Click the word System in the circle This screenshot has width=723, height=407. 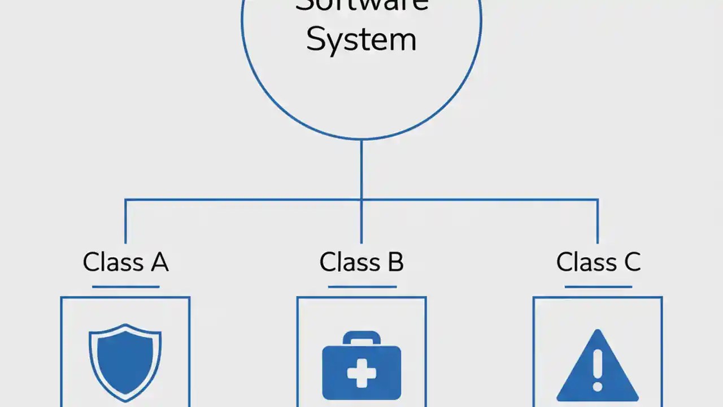click(361, 40)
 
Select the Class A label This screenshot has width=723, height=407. click(125, 262)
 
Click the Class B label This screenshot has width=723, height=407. click(361, 262)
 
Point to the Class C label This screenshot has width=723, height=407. click(598, 262)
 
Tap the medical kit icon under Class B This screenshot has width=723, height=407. click(361, 366)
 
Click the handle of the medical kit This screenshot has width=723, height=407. click(361, 337)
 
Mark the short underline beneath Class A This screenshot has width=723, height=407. click(125, 287)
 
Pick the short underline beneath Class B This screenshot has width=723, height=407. click(361, 287)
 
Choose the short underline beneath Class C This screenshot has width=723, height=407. click(598, 287)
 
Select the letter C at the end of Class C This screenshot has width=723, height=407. click(631, 262)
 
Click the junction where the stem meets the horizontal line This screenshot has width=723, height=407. click(361, 200)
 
